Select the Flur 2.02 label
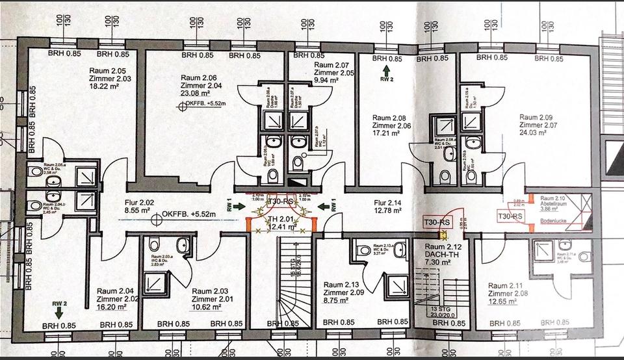coord(138,202)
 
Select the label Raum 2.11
coord(507,286)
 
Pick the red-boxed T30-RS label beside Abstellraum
coord(510,216)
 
